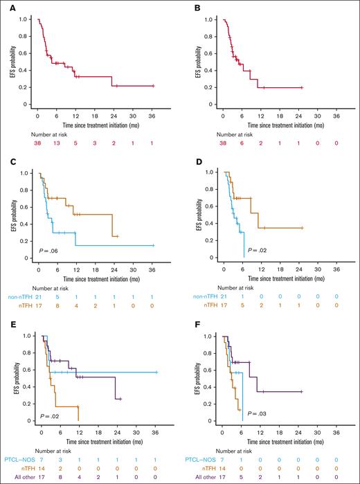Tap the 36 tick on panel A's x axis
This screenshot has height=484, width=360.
pos(154,111)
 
